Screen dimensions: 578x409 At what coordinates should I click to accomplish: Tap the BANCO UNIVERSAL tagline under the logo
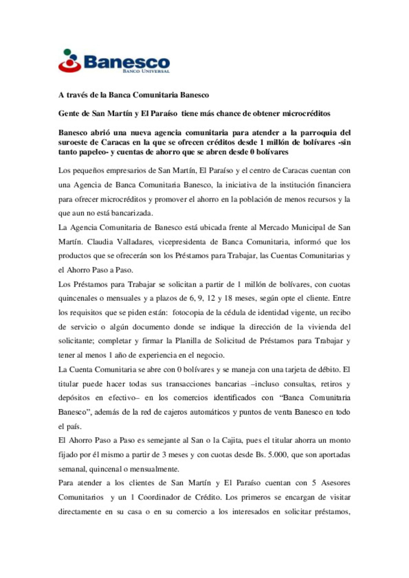click(x=146, y=71)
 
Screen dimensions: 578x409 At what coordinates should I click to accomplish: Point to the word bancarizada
click(x=132, y=213)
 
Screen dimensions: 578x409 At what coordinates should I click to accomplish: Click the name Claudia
click(x=100, y=242)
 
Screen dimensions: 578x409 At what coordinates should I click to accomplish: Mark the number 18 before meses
click(x=228, y=298)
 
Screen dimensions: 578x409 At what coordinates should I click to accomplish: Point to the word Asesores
click(x=336, y=483)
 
